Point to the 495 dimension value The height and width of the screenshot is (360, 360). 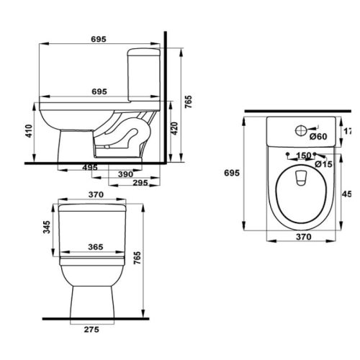click(x=89, y=167)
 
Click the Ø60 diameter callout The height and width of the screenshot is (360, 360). click(x=318, y=136)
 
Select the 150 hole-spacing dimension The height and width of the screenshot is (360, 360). click(x=303, y=156)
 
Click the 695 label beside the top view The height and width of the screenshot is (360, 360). click(x=231, y=174)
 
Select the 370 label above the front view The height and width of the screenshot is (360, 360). click(x=96, y=195)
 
